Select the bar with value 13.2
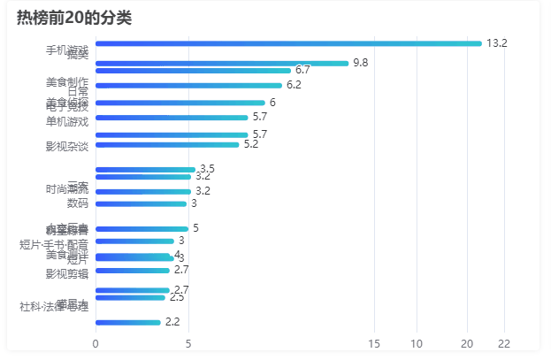tap(287, 43)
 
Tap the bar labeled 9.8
tap(221, 63)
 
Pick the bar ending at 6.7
tap(193, 70)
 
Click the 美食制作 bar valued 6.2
tap(187, 86)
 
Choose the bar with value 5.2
tap(166, 144)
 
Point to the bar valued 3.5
tap(145, 169)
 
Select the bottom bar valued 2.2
tap(127, 322)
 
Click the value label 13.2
tap(496, 43)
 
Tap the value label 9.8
tap(360, 63)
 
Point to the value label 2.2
tap(172, 322)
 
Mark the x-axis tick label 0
tap(95, 343)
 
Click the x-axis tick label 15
tap(374, 343)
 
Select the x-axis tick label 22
tap(504, 343)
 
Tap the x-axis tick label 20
tap(467, 343)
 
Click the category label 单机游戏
tap(67, 120)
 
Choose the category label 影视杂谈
tap(67, 146)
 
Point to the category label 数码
tap(78, 203)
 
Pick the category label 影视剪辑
tap(67, 273)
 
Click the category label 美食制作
tap(67, 82)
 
